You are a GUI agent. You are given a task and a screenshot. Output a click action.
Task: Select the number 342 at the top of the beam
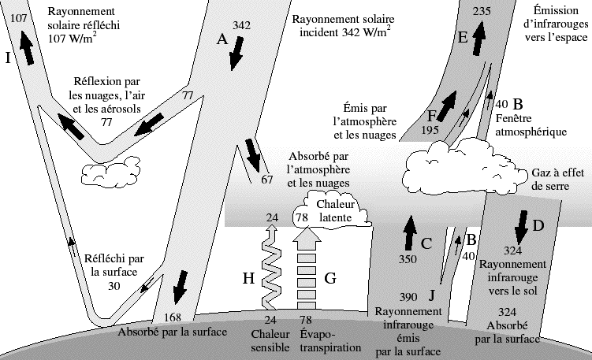pos(242,25)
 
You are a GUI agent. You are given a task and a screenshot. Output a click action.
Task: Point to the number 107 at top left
pos(17,17)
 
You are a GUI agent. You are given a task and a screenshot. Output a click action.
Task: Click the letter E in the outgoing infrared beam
pos(462,36)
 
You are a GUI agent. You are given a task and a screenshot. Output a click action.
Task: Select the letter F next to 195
pos(432,115)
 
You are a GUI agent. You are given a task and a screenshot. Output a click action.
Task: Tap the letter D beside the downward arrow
pos(538,226)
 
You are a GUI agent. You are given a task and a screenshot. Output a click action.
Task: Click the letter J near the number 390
pos(431,295)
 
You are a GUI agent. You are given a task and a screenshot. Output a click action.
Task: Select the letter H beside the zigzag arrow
pos(248,277)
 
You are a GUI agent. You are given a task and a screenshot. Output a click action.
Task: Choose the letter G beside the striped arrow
pos(331,277)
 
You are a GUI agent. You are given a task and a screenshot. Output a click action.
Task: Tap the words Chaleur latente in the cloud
pos(336,210)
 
